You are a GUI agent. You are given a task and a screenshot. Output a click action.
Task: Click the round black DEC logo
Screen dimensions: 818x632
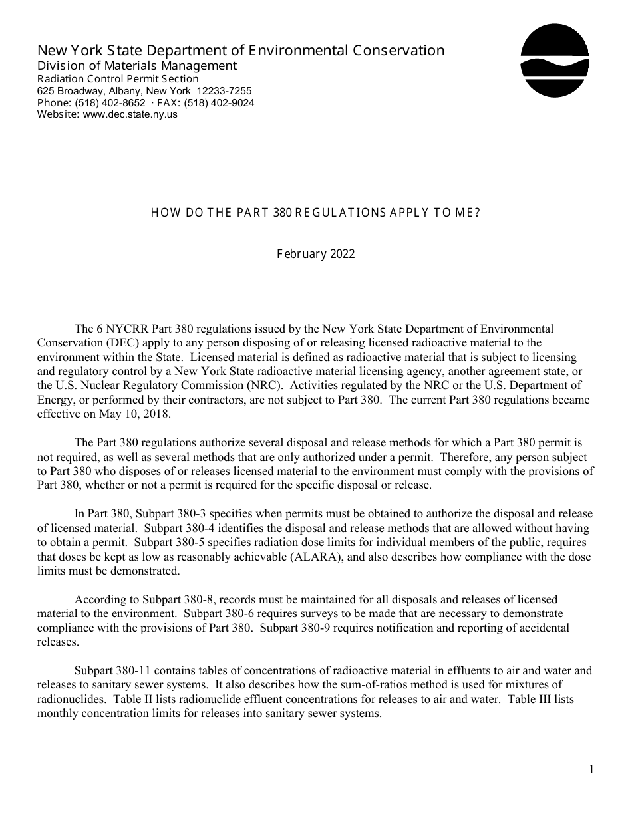[x=555, y=61]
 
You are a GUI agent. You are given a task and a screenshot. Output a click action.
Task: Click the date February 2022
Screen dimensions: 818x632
[x=315, y=254]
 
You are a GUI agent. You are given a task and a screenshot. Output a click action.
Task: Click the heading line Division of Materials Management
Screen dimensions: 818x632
[x=137, y=65]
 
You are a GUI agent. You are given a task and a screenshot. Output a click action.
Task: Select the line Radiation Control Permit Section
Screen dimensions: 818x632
[x=118, y=78]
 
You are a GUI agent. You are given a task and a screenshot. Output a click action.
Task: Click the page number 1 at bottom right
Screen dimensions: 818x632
[x=591, y=770]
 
